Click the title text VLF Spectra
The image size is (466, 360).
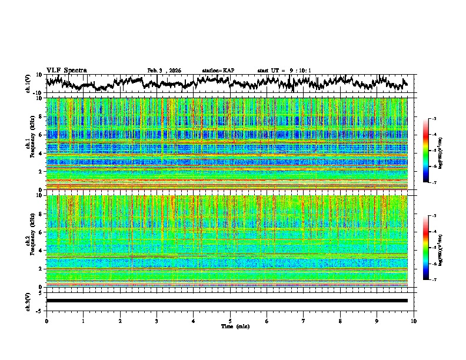(x=66, y=70)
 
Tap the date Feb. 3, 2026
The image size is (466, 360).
(x=164, y=71)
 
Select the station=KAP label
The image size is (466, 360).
(x=218, y=71)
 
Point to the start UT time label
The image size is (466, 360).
(x=284, y=71)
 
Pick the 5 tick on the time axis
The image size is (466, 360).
(x=230, y=321)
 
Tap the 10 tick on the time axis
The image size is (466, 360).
(x=414, y=321)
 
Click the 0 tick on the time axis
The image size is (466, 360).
(x=46, y=321)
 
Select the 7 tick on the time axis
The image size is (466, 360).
(x=304, y=321)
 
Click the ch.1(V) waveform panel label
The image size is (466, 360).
(x=29, y=84)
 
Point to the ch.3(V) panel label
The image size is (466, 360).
(x=29, y=301)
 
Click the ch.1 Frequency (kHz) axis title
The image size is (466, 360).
(x=29, y=144)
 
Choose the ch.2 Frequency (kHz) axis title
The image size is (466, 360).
(x=29, y=241)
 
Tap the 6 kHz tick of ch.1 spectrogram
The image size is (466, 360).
(x=41, y=135)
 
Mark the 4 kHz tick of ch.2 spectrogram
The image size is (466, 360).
(x=41, y=250)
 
